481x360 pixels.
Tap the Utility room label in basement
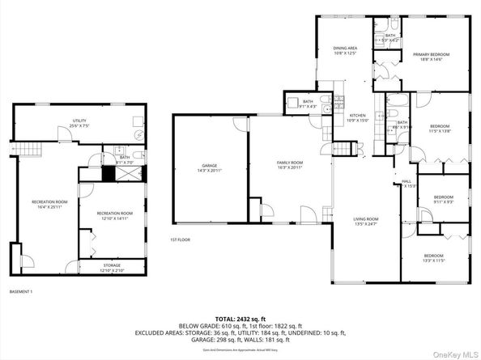[79, 123]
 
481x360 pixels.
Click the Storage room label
[112, 267]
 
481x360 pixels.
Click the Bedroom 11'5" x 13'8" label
[440, 128]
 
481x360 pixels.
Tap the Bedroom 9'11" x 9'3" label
[443, 200]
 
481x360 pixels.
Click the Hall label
[407, 183]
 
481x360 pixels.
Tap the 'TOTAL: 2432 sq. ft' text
[241, 319]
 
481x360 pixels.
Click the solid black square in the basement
[108, 172]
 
